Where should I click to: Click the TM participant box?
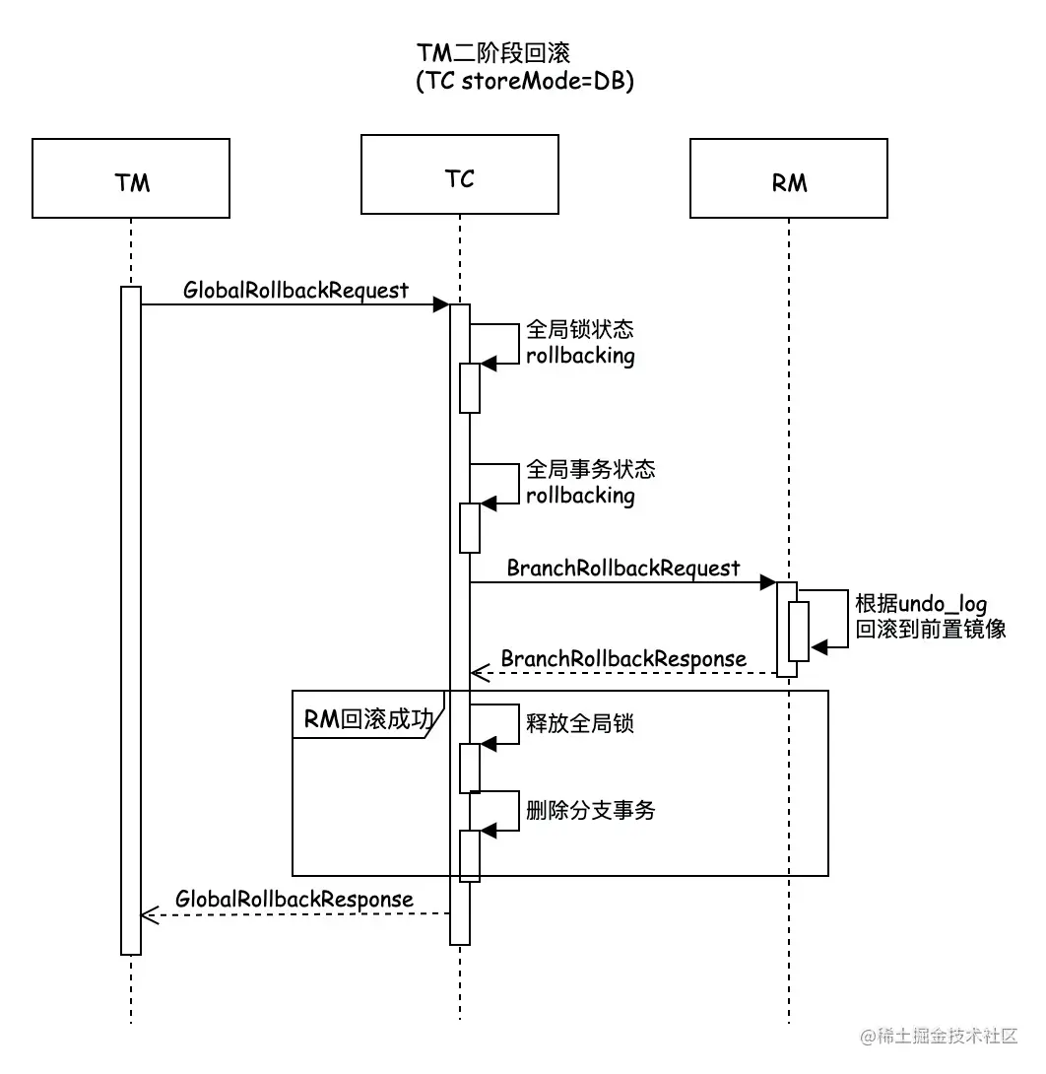131,178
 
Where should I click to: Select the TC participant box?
459,174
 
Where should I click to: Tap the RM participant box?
788,178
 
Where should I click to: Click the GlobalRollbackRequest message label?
295,290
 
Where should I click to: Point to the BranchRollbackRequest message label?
622,568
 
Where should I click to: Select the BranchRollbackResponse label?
623,657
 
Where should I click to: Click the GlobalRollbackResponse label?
294,899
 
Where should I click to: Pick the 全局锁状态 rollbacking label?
580,342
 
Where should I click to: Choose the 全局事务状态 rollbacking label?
590,482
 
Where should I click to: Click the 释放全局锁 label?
580,722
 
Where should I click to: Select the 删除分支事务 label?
590,810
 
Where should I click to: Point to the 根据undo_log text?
921,603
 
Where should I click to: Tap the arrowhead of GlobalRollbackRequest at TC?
442,305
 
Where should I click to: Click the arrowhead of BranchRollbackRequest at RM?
769,583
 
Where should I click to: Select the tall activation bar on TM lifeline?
131,621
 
